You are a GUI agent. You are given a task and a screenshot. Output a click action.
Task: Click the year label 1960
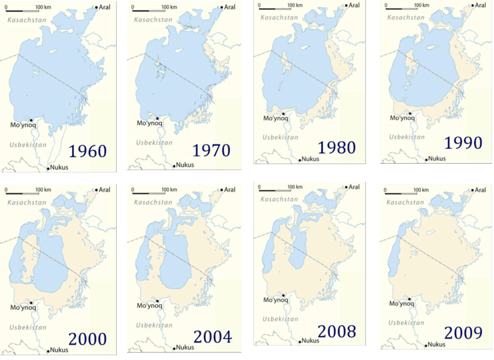point(87,151)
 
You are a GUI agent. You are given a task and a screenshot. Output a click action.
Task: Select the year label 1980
point(337,147)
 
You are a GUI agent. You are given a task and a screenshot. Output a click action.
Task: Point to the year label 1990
point(463,142)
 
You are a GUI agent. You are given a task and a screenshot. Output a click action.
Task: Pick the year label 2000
point(87,339)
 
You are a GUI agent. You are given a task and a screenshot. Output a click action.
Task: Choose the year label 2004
point(213,337)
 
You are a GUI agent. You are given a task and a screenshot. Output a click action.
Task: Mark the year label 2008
point(337,332)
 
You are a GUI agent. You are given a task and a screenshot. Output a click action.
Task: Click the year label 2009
point(463,333)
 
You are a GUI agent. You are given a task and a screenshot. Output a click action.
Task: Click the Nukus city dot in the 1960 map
point(48,168)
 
